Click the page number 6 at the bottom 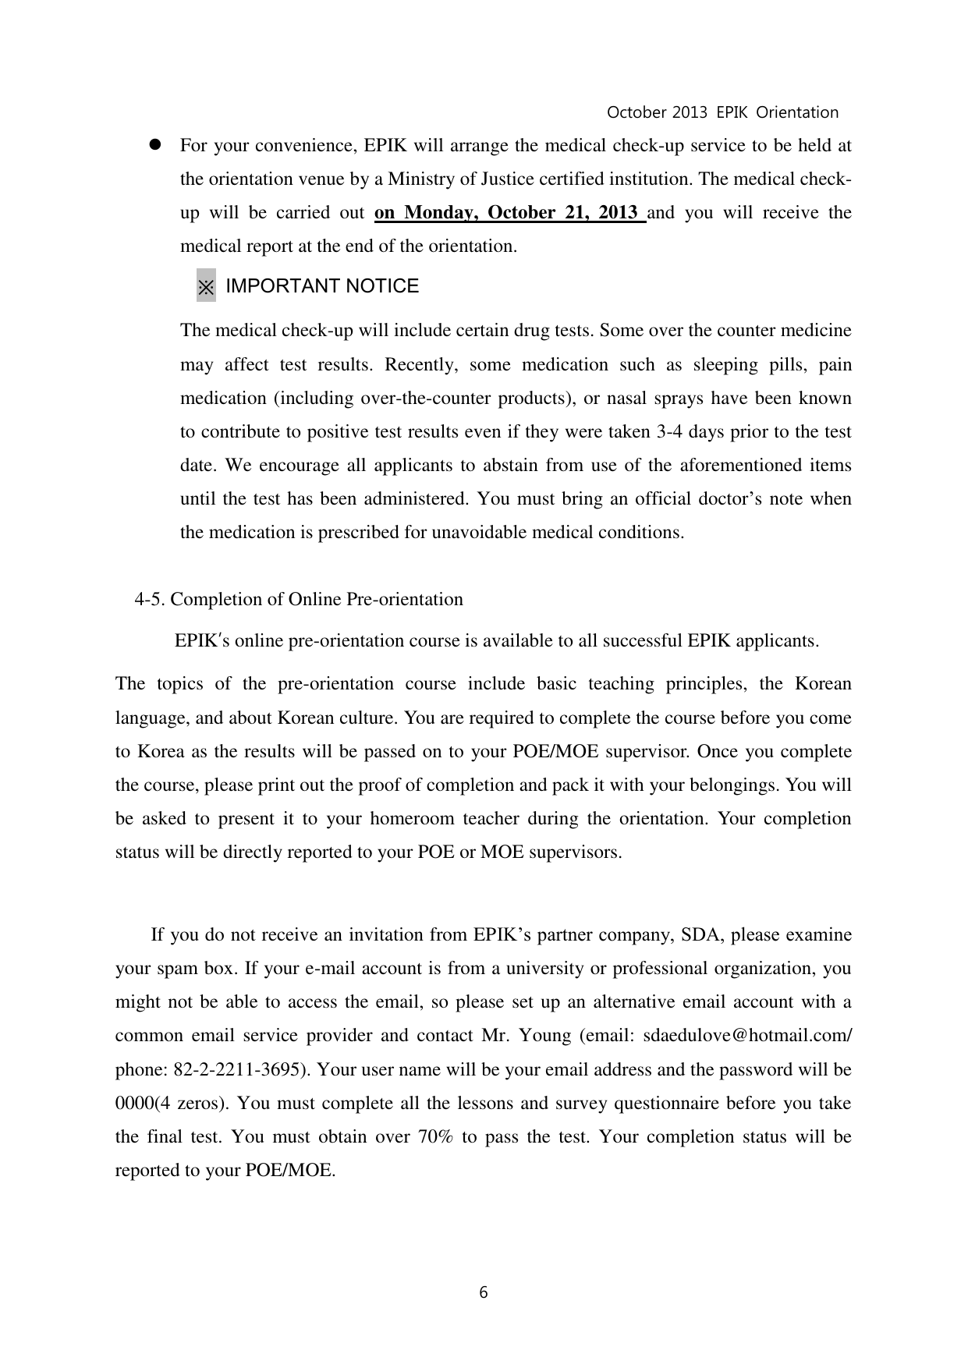click(x=484, y=1293)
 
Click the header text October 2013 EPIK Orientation click(x=722, y=112)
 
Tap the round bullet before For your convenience click(x=154, y=145)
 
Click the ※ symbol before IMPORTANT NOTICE click(x=206, y=286)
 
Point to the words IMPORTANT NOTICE click(x=322, y=286)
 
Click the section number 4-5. click(x=151, y=600)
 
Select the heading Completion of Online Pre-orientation click(x=317, y=600)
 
